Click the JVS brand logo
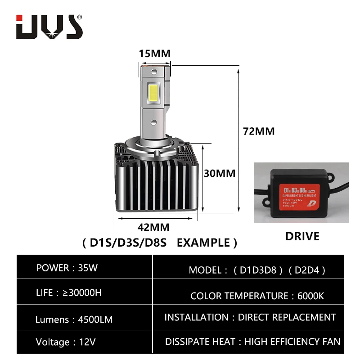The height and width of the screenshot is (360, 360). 49,27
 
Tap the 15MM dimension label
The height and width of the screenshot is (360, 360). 155,54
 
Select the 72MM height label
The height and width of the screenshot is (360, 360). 258,131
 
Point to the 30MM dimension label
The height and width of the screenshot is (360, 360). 220,173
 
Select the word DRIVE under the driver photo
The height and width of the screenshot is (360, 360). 302,236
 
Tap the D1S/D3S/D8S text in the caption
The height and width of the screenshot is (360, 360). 128,243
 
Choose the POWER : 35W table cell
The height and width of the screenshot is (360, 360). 67,268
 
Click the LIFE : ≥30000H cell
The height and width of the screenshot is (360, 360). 68,293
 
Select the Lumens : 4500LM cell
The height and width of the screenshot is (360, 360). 74,319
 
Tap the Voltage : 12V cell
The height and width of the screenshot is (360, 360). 66,342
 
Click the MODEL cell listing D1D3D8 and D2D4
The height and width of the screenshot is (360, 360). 257,270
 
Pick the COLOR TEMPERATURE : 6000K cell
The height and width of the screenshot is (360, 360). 257,296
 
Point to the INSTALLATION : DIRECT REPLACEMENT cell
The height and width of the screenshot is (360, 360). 250,317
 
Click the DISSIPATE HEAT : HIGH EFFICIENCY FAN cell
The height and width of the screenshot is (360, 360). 252,342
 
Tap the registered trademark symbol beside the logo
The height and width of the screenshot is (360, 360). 80,17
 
